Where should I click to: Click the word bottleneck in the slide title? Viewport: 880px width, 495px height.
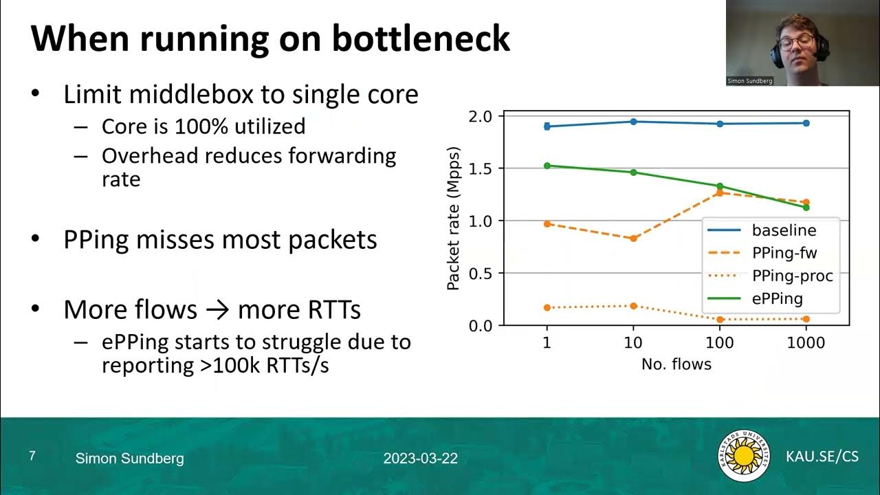pyautogui.click(x=421, y=39)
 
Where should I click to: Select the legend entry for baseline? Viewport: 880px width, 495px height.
pyautogui.click(x=784, y=230)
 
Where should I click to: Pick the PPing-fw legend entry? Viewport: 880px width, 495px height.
pyautogui.click(x=784, y=253)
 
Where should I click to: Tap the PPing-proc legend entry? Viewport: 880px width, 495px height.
pyautogui.click(x=792, y=276)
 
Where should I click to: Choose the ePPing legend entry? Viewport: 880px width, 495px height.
pyautogui.click(x=778, y=298)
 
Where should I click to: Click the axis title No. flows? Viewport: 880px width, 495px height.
pyautogui.click(x=676, y=364)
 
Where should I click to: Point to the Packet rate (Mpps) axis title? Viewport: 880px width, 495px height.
pyautogui.click(x=454, y=219)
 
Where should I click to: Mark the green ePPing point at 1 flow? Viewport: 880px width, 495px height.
pyautogui.click(x=547, y=166)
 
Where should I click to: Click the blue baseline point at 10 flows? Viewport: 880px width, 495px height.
pyautogui.click(x=633, y=122)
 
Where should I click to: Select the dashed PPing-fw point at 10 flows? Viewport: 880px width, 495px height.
pyautogui.click(x=633, y=238)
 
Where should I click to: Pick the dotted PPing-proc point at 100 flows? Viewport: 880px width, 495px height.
pyautogui.click(x=720, y=320)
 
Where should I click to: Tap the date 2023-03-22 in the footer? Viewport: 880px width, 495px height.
pyautogui.click(x=421, y=459)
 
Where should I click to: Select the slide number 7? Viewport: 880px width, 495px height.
pyautogui.click(x=32, y=456)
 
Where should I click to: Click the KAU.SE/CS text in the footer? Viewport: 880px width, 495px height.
pyautogui.click(x=822, y=456)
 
